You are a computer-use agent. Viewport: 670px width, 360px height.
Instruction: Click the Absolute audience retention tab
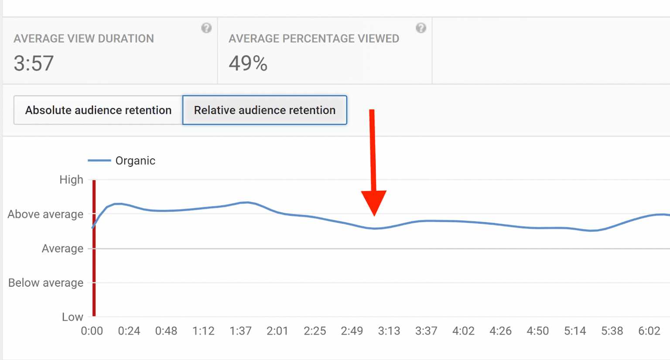click(98, 110)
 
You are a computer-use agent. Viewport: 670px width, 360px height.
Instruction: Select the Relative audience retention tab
click(265, 110)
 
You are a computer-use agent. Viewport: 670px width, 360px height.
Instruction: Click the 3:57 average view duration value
click(34, 64)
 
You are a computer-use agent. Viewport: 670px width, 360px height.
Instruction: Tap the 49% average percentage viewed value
click(248, 64)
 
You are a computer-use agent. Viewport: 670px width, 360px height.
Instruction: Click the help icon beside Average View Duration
click(206, 28)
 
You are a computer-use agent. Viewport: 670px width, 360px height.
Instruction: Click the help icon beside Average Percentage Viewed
click(421, 28)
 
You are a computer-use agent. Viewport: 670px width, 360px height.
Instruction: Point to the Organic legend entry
click(135, 161)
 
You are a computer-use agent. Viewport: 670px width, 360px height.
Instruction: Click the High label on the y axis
click(71, 180)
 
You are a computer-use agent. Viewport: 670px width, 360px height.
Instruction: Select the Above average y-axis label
click(45, 214)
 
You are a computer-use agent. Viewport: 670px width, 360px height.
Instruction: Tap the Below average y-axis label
click(46, 283)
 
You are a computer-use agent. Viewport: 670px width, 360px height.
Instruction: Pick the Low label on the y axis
click(72, 317)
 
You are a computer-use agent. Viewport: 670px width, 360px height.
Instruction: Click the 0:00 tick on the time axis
click(92, 331)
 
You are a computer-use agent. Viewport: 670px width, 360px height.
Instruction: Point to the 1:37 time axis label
click(240, 331)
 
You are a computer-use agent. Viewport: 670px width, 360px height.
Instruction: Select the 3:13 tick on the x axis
click(389, 331)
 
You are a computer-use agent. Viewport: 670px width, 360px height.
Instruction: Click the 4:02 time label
click(463, 331)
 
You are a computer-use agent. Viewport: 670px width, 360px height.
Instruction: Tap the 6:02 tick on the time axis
click(649, 331)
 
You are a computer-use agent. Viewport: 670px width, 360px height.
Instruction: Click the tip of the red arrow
click(374, 215)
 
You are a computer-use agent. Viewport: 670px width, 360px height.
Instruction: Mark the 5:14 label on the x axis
click(575, 331)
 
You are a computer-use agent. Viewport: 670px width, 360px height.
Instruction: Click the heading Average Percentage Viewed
click(314, 39)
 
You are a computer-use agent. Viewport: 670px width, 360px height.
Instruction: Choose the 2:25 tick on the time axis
click(315, 331)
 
